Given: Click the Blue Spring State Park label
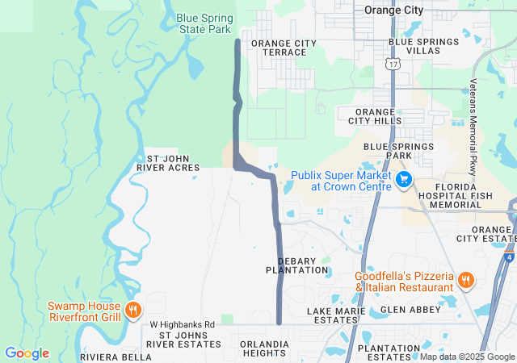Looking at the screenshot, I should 204,23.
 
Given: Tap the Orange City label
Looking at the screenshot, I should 393,10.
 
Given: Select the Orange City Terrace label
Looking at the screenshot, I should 279,48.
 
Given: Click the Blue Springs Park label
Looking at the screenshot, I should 399,151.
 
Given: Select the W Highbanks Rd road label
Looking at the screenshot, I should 183,324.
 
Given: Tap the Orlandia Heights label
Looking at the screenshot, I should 264,348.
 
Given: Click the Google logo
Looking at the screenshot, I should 27,353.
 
